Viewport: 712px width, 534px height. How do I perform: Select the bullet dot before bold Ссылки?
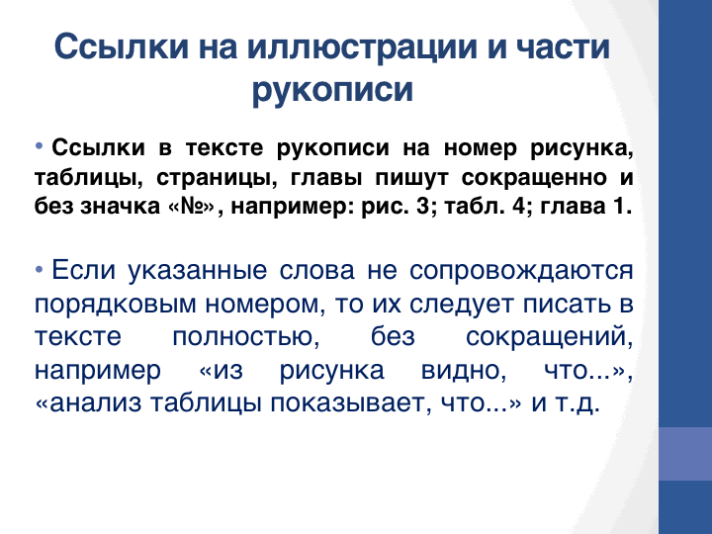[39, 146]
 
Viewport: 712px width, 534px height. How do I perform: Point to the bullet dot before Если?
[39, 270]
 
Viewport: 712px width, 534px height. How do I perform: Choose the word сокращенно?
[534, 178]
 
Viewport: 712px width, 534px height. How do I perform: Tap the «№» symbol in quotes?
[191, 207]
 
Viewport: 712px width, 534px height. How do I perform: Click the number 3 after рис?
[422, 207]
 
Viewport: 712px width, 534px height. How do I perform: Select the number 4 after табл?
[518, 207]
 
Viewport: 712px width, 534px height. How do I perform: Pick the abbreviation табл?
[473, 206]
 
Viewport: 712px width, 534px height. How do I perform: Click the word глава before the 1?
[571, 207]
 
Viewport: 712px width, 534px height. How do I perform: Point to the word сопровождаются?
[521, 271]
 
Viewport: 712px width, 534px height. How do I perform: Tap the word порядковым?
[115, 305]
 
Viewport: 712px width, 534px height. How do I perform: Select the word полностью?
[245, 337]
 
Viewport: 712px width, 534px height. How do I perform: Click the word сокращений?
[549, 338]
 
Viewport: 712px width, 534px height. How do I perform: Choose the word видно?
[463, 371]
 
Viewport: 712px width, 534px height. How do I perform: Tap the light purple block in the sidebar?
[685, 454]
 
